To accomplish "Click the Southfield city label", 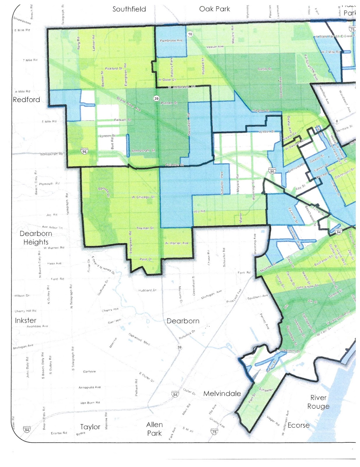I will coord(129,9).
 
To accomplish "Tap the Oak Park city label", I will coord(214,9).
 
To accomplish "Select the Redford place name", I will coord(26,100).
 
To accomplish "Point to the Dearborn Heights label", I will coord(36,238).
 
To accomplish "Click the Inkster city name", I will coord(26,320).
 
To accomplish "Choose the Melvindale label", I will coord(222,394).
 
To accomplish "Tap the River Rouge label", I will coord(318,402).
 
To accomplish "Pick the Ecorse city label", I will coord(298,426).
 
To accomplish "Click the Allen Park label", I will coord(154,429).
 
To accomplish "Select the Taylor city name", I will coord(90,427).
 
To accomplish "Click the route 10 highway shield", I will coord(190,34).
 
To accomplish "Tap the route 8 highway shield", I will coord(337,121).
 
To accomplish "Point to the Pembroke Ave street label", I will coord(171,41).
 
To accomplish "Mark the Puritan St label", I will coord(169,103).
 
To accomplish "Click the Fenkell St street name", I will coord(123,120).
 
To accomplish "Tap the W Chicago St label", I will coord(143,197).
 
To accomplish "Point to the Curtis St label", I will coord(264,69).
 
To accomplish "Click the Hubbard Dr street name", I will coord(147,290).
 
